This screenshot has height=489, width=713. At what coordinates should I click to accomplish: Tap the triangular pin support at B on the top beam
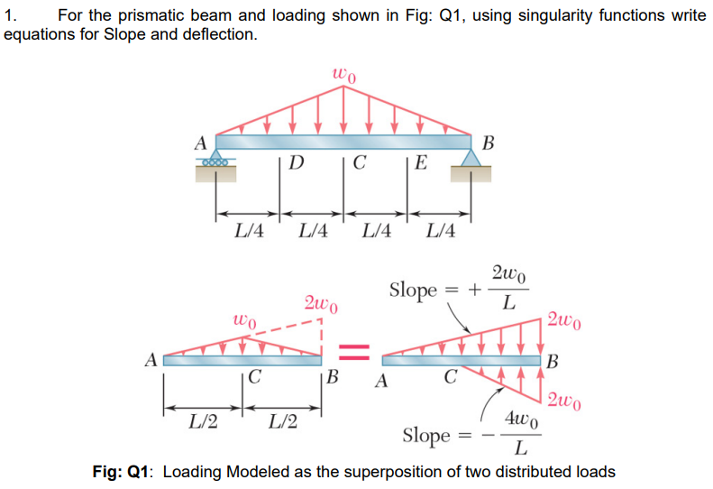click(471, 161)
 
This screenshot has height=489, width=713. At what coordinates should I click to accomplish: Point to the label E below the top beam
click(422, 163)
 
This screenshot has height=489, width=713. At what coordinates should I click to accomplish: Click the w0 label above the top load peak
click(343, 75)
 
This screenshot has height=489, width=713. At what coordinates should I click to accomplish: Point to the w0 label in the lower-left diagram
click(244, 319)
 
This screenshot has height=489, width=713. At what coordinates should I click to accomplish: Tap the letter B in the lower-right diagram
click(553, 363)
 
